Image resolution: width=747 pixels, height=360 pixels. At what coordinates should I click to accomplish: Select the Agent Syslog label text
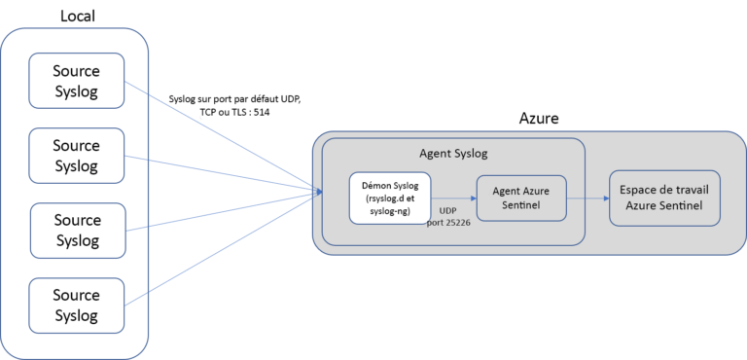click(x=452, y=153)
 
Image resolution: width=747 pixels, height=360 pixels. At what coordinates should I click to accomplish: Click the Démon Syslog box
click(x=389, y=198)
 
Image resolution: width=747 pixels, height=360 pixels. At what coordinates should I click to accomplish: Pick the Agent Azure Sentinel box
click(x=520, y=198)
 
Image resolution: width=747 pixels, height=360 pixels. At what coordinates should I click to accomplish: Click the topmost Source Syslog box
click(x=77, y=81)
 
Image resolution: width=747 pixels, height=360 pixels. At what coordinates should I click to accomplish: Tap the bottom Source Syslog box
click(x=77, y=306)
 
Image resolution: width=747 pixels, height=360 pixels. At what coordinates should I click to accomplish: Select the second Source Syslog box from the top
click(x=77, y=155)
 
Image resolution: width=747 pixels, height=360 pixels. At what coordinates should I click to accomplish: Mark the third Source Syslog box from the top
click(x=77, y=231)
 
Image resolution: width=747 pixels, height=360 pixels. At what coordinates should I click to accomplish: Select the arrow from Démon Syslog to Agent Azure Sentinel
click(x=452, y=198)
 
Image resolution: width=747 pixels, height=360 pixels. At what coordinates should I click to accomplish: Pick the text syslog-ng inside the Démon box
click(x=389, y=211)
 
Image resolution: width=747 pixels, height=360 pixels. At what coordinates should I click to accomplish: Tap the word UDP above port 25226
click(x=448, y=210)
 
